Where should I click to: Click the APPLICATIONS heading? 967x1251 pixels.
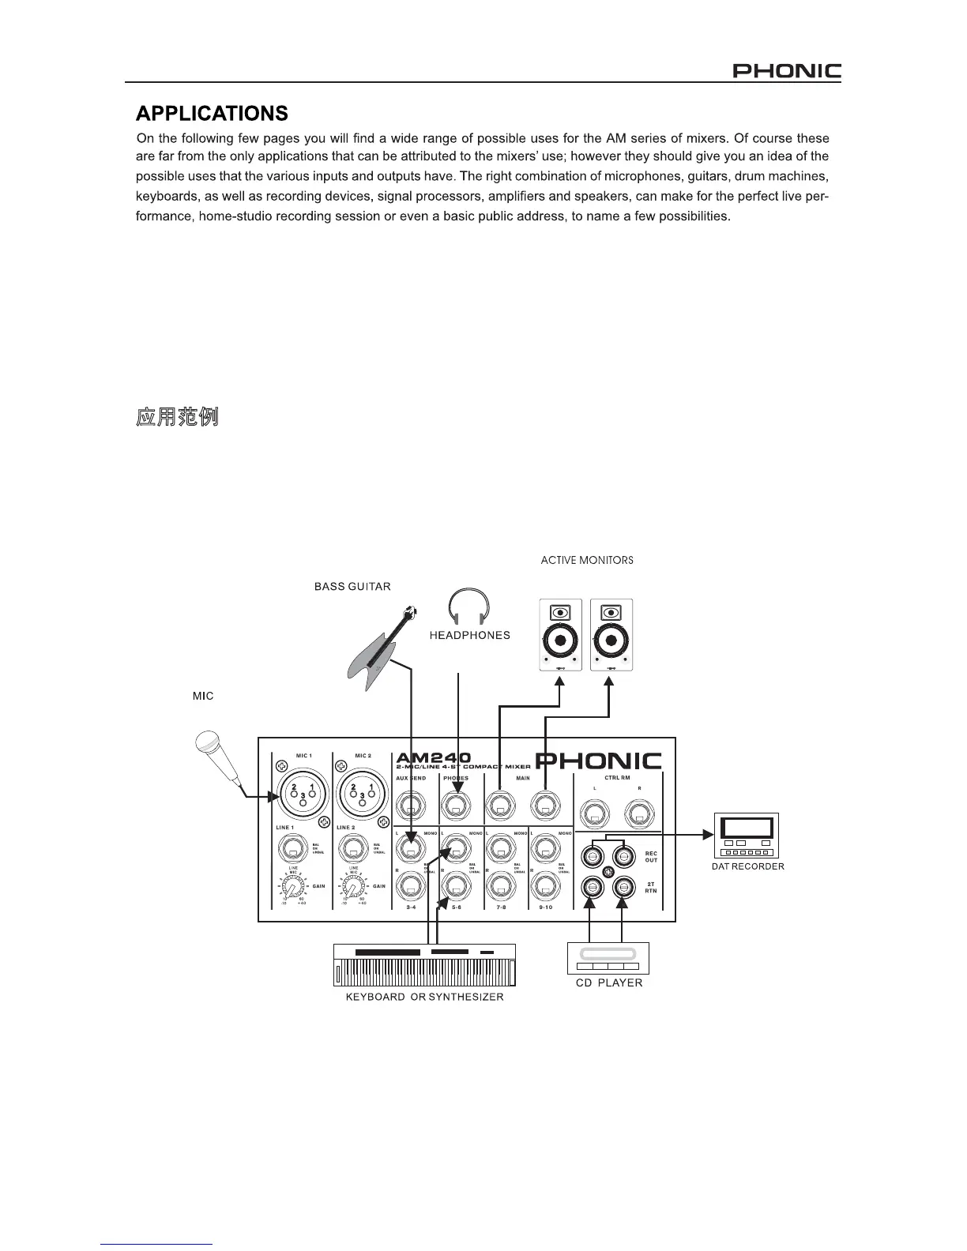[x=212, y=114]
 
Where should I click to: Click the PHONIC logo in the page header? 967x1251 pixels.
[x=786, y=72]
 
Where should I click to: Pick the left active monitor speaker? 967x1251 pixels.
[x=560, y=635]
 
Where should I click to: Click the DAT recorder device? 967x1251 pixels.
[x=747, y=835]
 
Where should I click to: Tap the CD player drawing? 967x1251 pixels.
[x=608, y=957]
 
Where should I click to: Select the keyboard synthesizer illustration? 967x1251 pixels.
[x=424, y=964]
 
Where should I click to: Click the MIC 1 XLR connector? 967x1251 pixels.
[x=303, y=793]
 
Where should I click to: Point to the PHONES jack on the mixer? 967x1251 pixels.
[x=455, y=806]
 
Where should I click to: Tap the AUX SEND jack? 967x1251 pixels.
[x=410, y=806]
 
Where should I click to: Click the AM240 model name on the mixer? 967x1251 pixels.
[x=433, y=757]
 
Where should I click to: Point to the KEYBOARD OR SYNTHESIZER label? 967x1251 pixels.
[x=424, y=997]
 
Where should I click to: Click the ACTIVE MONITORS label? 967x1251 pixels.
[x=587, y=560]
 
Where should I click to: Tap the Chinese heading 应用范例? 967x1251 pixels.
[x=178, y=417]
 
